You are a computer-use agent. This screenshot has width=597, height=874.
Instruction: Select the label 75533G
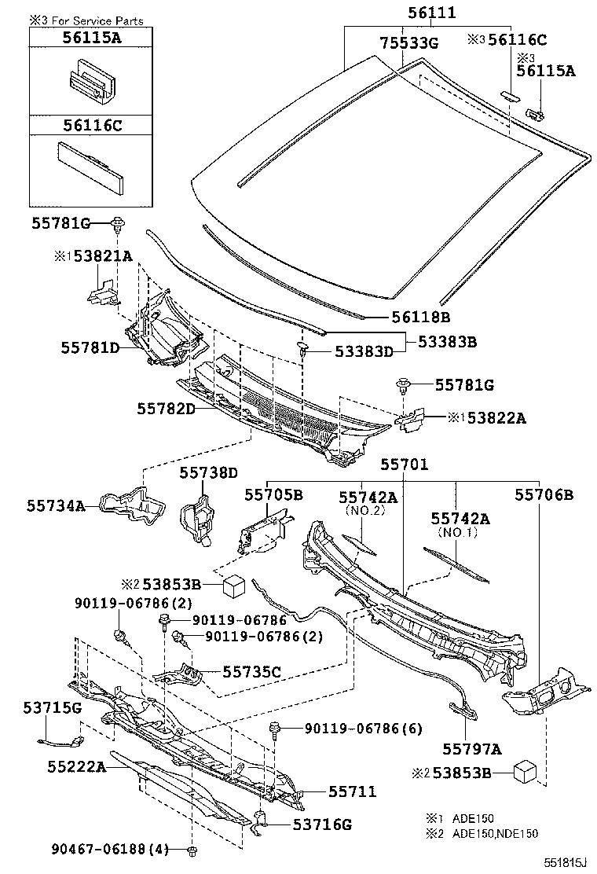[x=408, y=43]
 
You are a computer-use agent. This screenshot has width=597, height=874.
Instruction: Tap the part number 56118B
[x=421, y=318]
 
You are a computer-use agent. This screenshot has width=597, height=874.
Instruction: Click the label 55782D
[x=166, y=409]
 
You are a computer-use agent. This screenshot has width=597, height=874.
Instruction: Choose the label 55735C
[x=251, y=672]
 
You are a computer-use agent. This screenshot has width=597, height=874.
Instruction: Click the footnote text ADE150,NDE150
[x=495, y=834]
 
